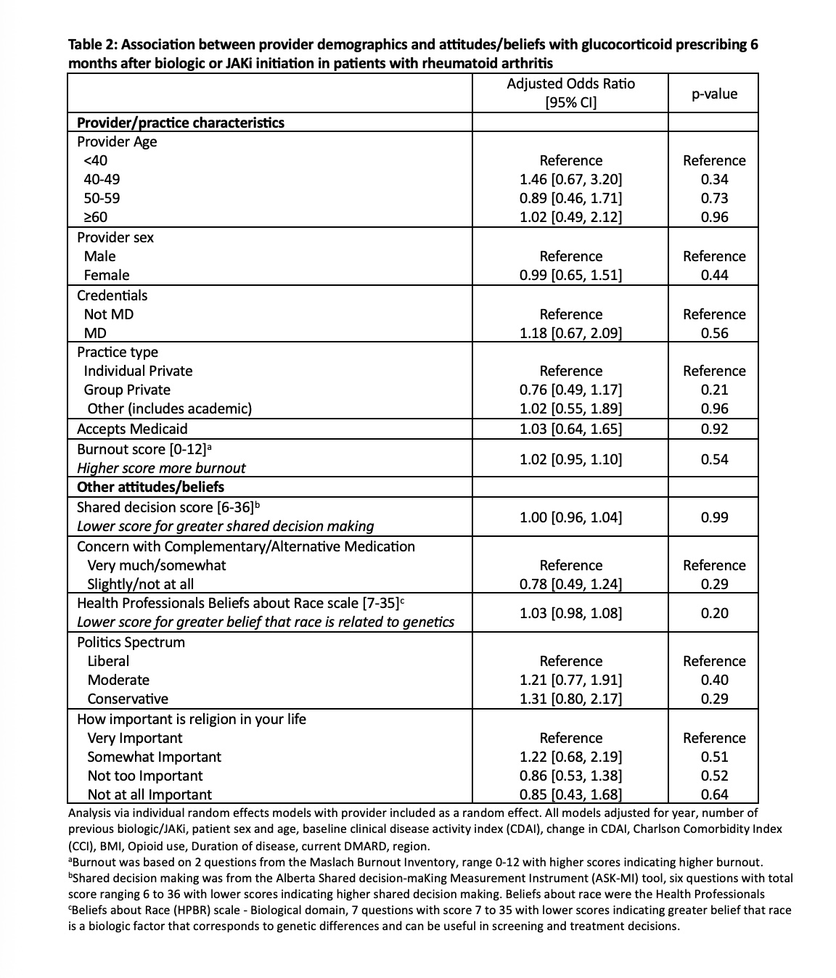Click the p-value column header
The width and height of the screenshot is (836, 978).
coord(714,94)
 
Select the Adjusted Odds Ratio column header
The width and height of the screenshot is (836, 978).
coord(570,93)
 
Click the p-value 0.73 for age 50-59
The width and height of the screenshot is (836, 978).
coord(714,198)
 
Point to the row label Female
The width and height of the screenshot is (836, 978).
coord(107,275)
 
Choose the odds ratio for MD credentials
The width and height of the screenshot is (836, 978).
coord(570,333)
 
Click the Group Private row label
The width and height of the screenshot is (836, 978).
coord(127,390)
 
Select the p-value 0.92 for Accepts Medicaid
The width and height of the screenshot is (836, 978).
coord(714,429)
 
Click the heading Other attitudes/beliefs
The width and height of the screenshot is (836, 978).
coord(150,487)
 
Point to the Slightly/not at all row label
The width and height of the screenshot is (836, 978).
coord(140,584)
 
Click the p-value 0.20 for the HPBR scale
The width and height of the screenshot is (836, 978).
coord(714,613)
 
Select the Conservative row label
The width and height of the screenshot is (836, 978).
coord(128,699)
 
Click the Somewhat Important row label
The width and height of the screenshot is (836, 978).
coord(154,757)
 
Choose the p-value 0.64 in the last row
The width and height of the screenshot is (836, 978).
coord(714,794)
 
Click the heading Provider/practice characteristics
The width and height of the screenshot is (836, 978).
coord(181,123)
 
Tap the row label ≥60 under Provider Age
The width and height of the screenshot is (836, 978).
coord(96,217)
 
